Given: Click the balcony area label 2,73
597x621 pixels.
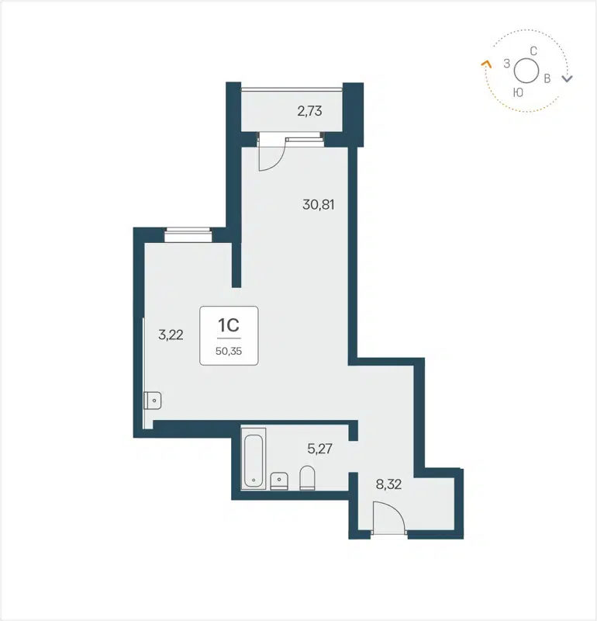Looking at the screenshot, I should (309, 111).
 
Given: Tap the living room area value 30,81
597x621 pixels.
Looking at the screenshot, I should (318, 206).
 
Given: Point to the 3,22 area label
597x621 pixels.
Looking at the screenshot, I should (171, 335).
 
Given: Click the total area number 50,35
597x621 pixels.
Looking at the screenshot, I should (229, 350).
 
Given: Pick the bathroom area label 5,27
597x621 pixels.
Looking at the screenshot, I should (320, 448).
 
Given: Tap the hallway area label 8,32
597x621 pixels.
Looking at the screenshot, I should (388, 485).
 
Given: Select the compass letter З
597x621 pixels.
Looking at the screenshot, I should (506, 64).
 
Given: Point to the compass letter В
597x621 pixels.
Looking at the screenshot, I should (547, 78).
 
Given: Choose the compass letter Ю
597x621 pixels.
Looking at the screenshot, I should (518, 92).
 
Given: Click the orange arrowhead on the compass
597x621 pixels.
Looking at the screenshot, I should (486, 64).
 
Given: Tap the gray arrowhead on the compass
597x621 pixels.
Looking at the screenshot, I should (568, 78).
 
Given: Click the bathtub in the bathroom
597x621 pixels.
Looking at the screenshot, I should (254, 461).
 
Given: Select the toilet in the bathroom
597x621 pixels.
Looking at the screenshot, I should (307, 477).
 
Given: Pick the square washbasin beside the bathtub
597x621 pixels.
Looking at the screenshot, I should (279, 480).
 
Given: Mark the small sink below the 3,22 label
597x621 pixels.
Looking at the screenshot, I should (152, 401).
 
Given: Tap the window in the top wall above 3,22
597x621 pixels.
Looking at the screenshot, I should (188, 231).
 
